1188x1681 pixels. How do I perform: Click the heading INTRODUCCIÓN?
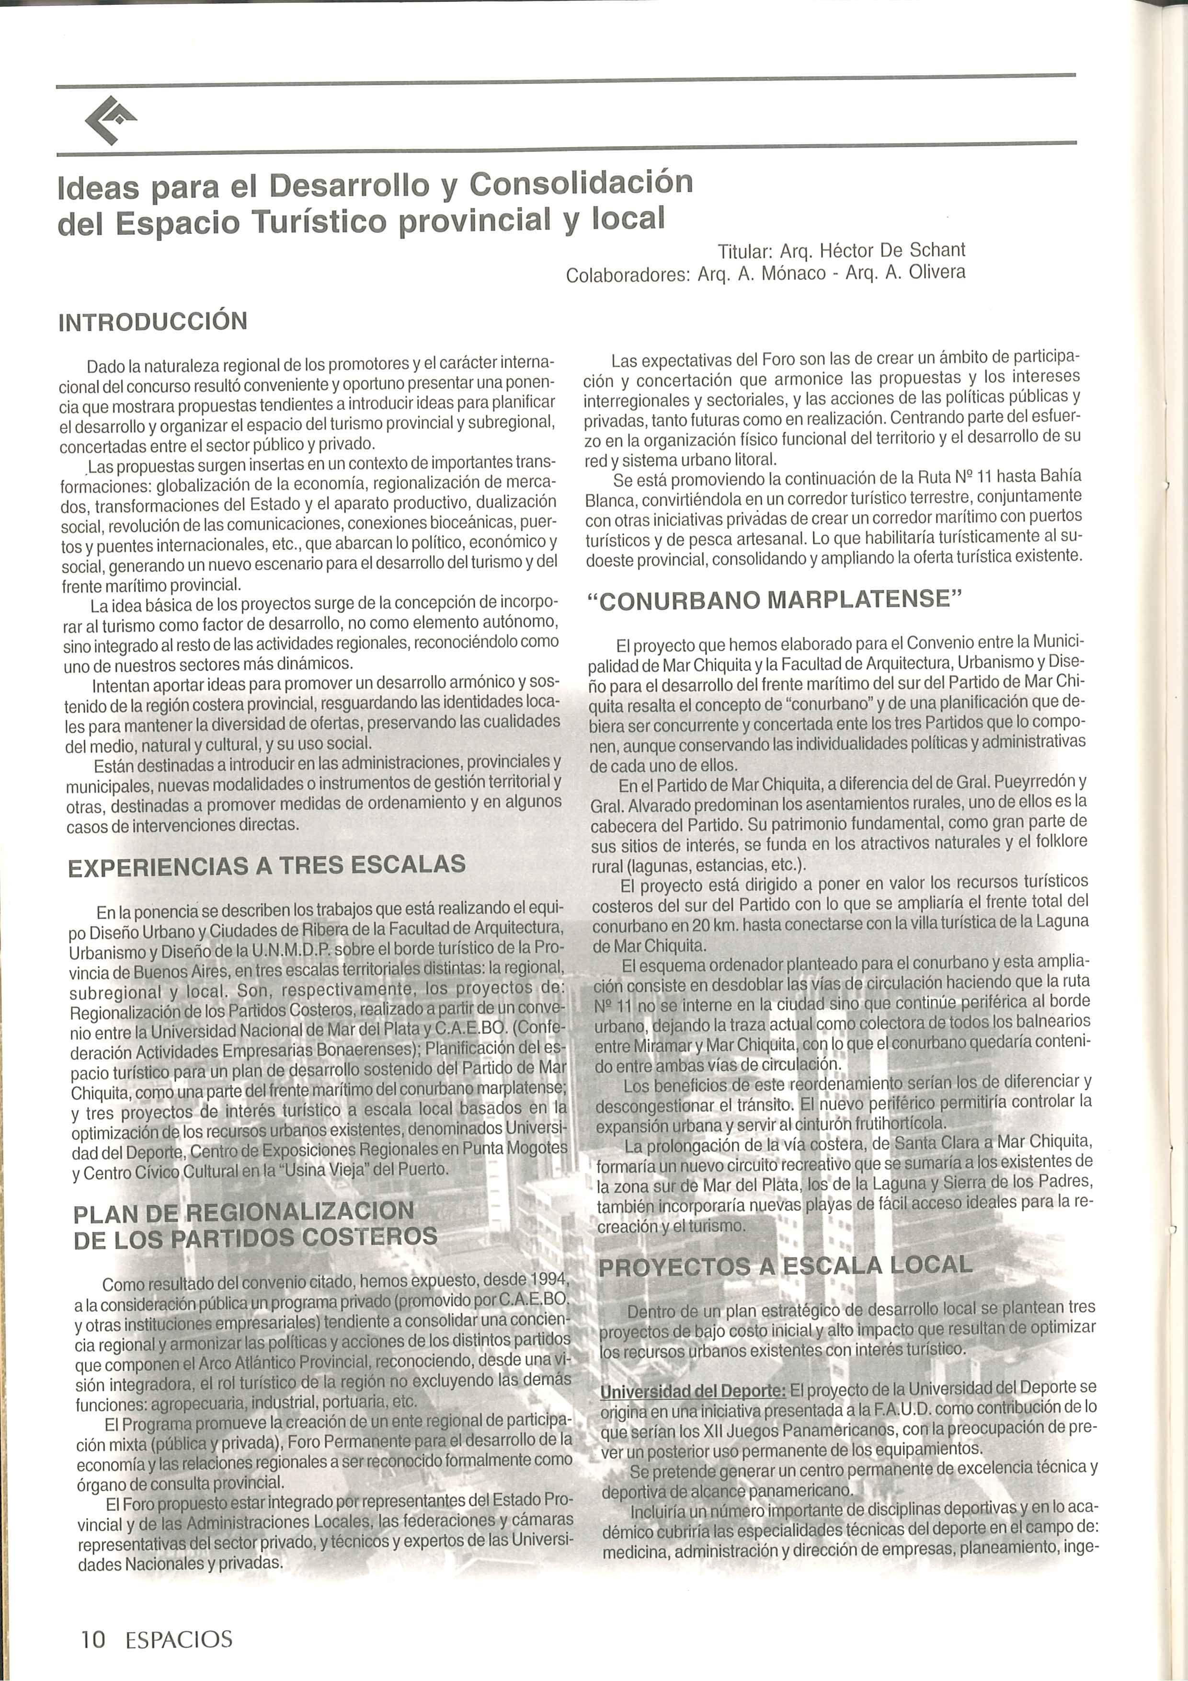[x=153, y=322]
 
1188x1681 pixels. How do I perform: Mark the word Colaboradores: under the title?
[x=628, y=275]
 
